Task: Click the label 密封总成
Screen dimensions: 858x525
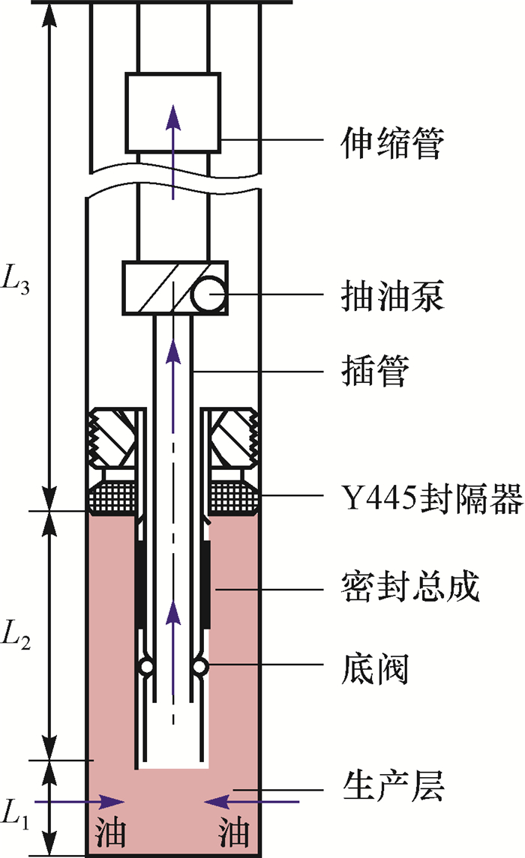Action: tap(408, 588)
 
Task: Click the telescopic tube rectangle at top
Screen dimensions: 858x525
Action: tap(172, 111)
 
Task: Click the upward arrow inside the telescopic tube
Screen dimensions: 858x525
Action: tap(173, 150)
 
